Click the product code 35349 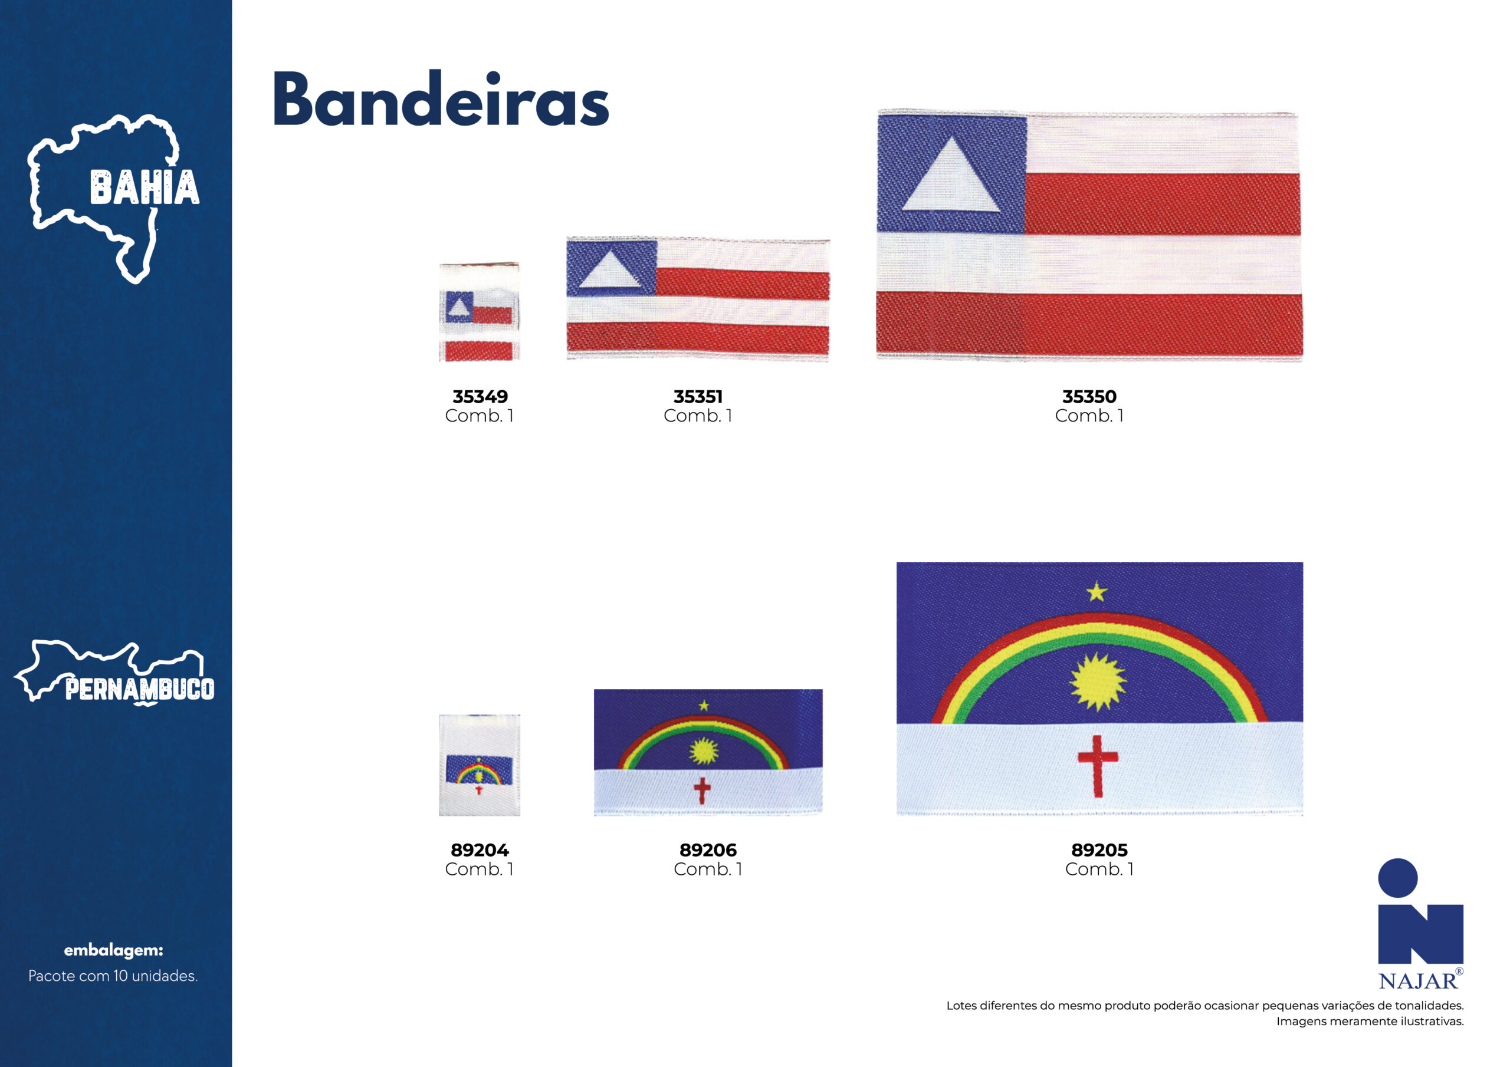coord(480,396)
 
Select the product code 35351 coord(698,396)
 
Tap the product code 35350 coord(1089,396)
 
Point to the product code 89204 coord(480,850)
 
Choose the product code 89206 coord(708,850)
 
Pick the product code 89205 coord(1099,850)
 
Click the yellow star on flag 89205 coord(1097,592)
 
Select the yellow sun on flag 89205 coord(1097,681)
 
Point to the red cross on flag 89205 coord(1098,766)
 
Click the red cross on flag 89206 coord(702,790)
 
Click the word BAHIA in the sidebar coord(144,187)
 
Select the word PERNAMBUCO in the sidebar coord(139,689)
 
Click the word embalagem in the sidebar coord(113,950)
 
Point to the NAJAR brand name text coord(1417,982)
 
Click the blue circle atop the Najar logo coord(1397,878)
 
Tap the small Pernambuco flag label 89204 coord(480,765)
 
